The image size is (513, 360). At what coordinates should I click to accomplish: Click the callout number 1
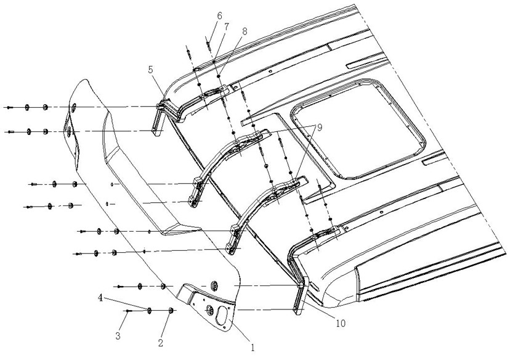252,349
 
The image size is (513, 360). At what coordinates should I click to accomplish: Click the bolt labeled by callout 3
129,311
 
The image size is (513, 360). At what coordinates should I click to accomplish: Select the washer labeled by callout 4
150,310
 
